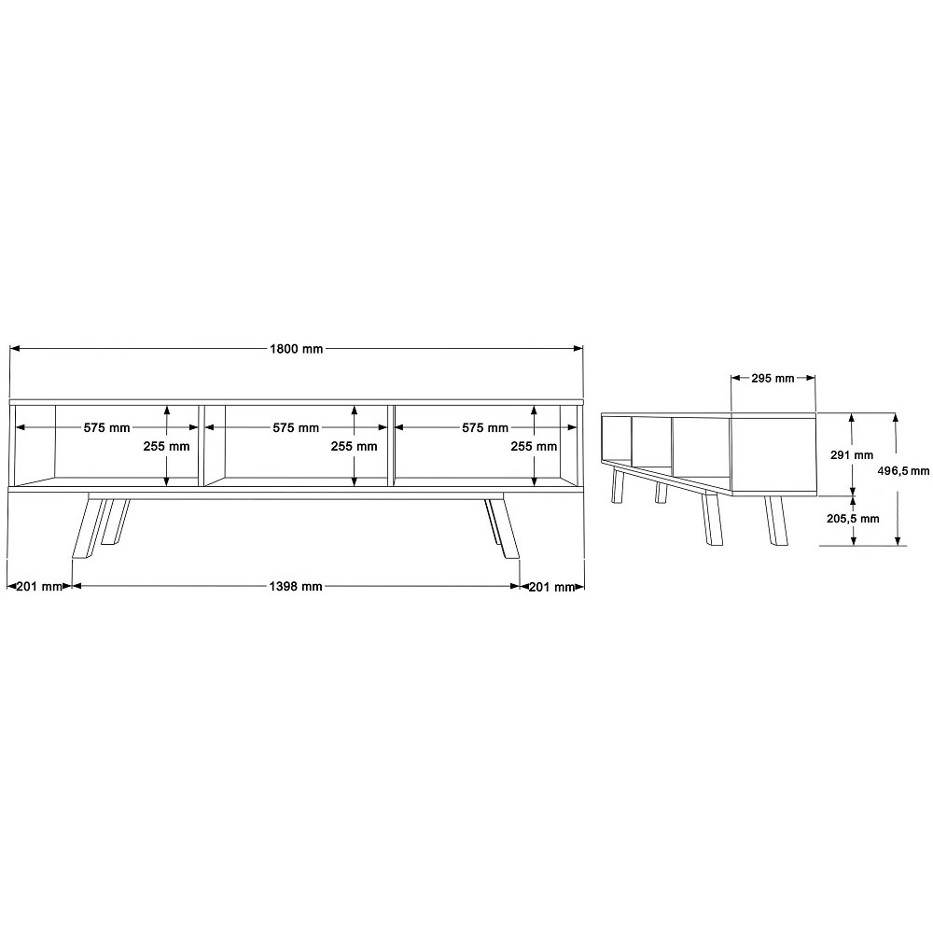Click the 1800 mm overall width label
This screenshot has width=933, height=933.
pos(297,349)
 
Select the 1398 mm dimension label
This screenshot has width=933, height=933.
pos(296,586)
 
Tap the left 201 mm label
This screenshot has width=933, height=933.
pos(38,586)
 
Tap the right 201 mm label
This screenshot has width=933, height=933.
pos(551,587)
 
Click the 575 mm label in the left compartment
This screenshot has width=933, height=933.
pos(106,427)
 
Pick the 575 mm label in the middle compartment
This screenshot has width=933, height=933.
pos(296,427)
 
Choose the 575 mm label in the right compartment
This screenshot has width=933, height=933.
pos(485,427)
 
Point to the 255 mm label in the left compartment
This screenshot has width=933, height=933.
pos(166,446)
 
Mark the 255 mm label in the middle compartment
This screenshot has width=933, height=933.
pos(354,446)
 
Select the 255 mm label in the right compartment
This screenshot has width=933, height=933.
pos(534,446)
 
